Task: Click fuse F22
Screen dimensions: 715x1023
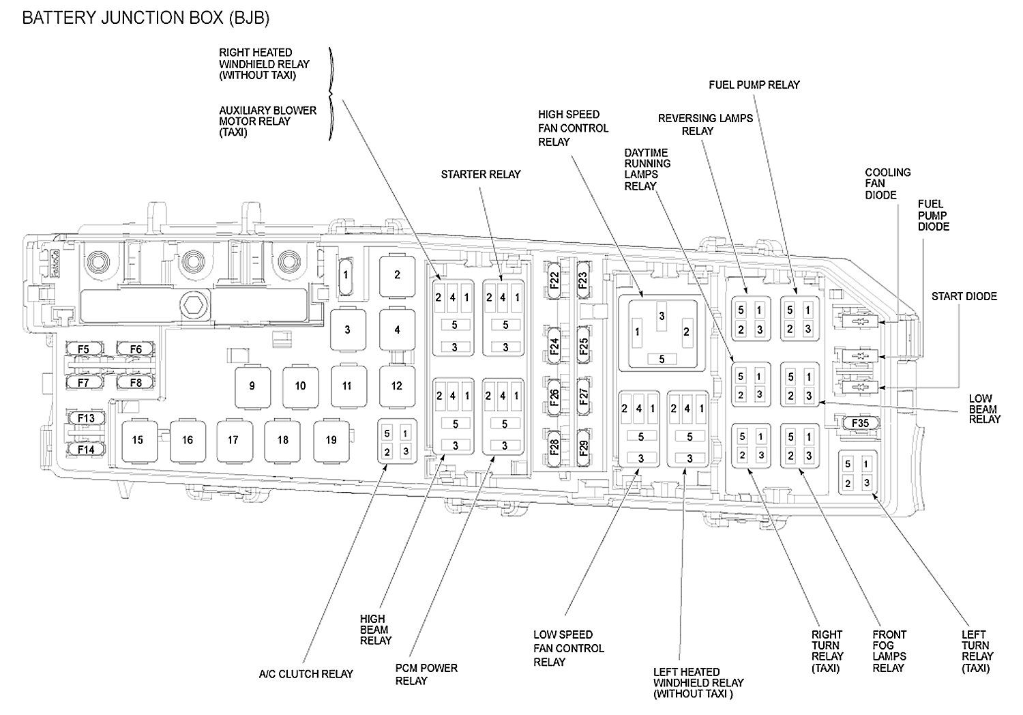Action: (x=554, y=280)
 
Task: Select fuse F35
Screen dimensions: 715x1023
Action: (x=860, y=423)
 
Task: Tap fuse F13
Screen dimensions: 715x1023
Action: (x=85, y=418)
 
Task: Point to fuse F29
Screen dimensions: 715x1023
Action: (x=583, y=448)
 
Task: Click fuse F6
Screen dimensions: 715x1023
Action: (x=136, y=349)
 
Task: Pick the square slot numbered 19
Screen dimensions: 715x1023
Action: (x=331, y=440)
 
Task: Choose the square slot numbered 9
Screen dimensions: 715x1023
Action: (x=252, y=386)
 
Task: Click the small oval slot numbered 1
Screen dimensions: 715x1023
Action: (x=346, y=276)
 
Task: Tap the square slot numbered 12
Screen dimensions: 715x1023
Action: (x=397, y=385)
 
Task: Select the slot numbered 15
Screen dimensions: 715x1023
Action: (x=138, y=440)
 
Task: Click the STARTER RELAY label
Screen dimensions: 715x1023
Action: (x=480, y=175)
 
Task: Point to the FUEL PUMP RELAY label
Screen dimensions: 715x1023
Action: (x=754, y=85)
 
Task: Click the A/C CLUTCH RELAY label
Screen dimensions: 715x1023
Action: (x=306, y=674)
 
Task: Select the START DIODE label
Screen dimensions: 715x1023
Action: (x=964, y=296)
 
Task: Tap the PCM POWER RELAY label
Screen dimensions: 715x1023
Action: (x=426, y=674)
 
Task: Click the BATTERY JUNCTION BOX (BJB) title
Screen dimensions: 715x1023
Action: (x=145, y=18)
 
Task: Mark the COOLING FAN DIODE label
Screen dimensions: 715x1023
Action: (x=887, y=184)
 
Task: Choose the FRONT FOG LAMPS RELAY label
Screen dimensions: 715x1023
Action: (x=889, y=651)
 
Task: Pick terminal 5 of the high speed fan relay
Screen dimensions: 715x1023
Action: (x=661, y=359)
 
